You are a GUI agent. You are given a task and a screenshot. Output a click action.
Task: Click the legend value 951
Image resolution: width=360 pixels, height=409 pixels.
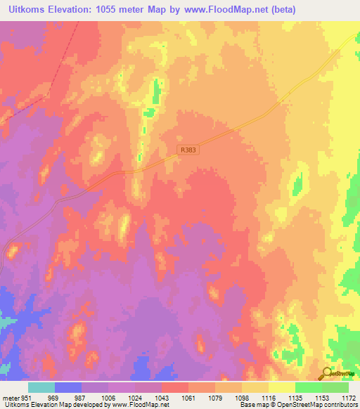tap(26, 397)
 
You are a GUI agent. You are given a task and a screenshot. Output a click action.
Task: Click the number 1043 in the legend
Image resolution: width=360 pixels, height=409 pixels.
tap(162, 397)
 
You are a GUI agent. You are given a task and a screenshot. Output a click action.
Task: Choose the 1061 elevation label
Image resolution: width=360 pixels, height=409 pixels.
tap(189, 397)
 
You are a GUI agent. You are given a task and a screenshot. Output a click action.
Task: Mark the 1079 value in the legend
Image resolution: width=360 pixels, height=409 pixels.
tap(216, 397)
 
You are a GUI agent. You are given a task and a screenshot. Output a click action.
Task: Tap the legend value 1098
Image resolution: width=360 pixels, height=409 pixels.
tap(243, 397)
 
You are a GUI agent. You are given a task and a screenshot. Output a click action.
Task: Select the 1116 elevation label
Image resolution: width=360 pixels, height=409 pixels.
tap(269, 397)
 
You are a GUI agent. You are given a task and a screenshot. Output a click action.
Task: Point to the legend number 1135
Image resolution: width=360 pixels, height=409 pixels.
tap(296, 397)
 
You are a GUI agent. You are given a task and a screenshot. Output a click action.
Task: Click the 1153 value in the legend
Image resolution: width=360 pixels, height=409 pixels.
tap(323, 397)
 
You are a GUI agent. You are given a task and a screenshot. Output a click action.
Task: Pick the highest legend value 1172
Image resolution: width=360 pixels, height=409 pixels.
tap(348, 397)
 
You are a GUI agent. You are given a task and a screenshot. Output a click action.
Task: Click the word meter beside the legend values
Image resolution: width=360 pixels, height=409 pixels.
tap(10, 397)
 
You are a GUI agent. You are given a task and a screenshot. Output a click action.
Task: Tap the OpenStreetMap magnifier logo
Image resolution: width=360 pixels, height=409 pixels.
tap(325, 374)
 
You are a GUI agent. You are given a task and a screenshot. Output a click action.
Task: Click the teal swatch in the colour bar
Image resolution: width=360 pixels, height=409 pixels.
tap(41, 387)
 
